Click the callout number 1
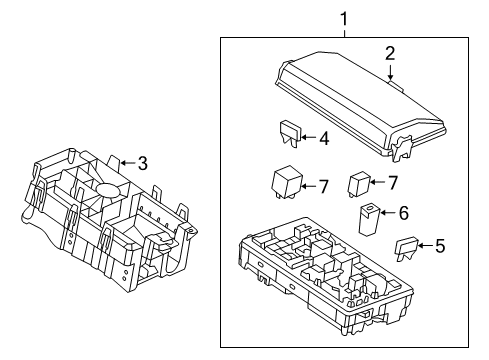click(345, 17)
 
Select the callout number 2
click(391, 53)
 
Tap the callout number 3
click(142, 163)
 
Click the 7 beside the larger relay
click(323, 185)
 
